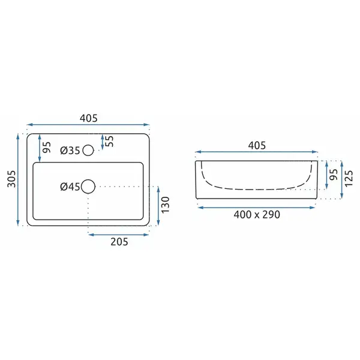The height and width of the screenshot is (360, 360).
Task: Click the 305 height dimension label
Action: coord(11,179)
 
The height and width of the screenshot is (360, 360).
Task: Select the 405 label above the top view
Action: coord(89,118)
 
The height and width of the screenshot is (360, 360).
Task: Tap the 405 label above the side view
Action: coord(257,145)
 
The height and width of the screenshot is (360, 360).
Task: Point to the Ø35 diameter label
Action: coord(70,151)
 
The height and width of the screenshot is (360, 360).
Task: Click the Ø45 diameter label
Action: coord(70,187)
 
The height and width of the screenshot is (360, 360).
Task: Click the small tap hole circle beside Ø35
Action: coord(88,151)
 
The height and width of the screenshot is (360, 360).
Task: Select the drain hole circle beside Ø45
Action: coord(88,187)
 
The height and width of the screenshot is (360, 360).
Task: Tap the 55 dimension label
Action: coord(110,141)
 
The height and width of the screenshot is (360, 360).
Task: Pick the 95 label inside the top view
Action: coord(47,147)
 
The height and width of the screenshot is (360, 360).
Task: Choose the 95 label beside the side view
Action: coord(334,175)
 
